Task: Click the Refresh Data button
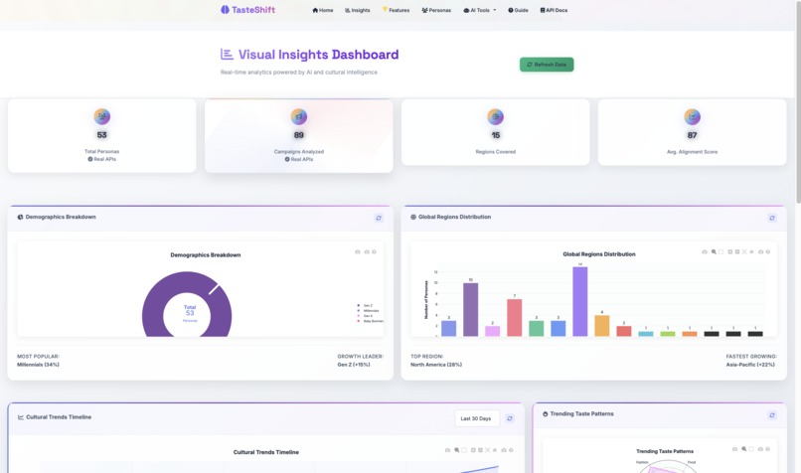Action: (547, 65)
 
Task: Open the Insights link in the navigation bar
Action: (356, 10)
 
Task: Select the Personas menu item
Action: (436, 10)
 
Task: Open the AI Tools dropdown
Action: (480, 10)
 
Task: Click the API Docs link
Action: (555, 10)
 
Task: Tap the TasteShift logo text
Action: (253, 10)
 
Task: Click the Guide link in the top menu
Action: (518, 10)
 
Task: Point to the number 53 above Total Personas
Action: (101, 135)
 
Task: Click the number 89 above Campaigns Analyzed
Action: (299, 135)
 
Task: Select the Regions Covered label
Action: (496, 152)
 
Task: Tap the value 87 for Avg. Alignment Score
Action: (693, 135)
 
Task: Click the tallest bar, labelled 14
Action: (580, 301)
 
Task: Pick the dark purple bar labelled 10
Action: (471, 309)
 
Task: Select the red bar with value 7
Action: (514, 317)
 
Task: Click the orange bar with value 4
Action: (601, 325)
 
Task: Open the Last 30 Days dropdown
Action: (477, 418)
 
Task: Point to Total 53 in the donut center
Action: (190, 311)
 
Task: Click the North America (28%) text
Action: (435, 365)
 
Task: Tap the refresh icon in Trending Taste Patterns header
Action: (772, 414)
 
